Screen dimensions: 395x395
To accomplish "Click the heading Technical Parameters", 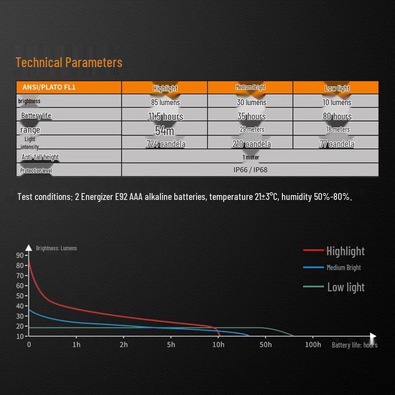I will (69, 63).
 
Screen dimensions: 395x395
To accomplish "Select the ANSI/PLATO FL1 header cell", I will (49, 87).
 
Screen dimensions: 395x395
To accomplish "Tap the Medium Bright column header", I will (250, 87).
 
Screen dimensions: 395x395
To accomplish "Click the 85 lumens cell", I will (165, 103).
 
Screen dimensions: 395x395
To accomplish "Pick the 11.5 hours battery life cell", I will (165, 117).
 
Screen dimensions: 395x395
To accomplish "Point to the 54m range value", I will (164, 130).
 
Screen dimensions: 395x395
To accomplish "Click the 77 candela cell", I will (337, 144).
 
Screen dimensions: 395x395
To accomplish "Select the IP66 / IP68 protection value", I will (250, 170).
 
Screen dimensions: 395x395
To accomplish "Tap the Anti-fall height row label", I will (40, 157).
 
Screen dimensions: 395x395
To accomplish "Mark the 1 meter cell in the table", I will (250, 157).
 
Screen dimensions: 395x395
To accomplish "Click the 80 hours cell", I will (337, 117).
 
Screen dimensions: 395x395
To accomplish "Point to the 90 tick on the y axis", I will (20, 255).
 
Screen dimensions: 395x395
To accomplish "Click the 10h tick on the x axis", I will (218, 345).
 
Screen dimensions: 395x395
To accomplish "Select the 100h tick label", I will (313, 345).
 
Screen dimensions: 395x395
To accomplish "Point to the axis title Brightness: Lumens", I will (56, 248).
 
